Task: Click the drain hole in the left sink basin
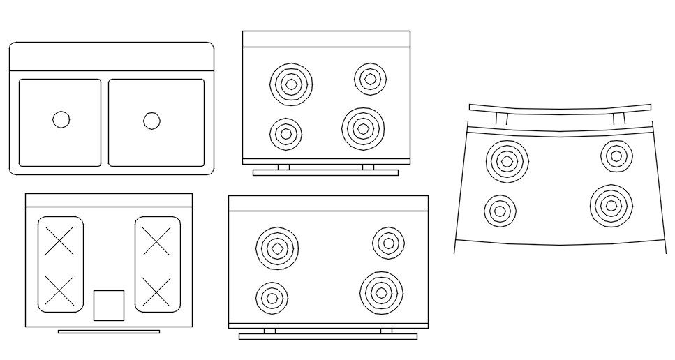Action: (x=61, y=120)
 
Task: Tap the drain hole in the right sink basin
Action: (x=151, y=121)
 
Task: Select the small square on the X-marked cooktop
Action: (x=109, y=305)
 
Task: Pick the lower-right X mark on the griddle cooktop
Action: (x=157, y=290)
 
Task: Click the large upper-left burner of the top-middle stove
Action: (x=290, y=84)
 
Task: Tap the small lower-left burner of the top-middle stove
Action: (x=285, y=133)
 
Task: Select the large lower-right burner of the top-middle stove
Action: (x=363, y=128)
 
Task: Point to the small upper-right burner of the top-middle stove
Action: (x=370, y=78)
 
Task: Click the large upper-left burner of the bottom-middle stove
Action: (x=277, y=248)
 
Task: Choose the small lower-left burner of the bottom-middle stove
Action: (x=272, y=298)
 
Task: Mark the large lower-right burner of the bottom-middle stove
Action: (x=381, y=292)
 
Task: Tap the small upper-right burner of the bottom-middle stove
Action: (x=388, y=242)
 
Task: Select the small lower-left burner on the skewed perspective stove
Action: (x=500, y=210)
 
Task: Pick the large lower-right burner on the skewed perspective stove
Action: (x=611, y=205)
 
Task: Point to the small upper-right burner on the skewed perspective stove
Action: (x=616, y=156)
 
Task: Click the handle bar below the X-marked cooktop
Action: (x=108, y=331)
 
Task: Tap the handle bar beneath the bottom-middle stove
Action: (x=327, y=336)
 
